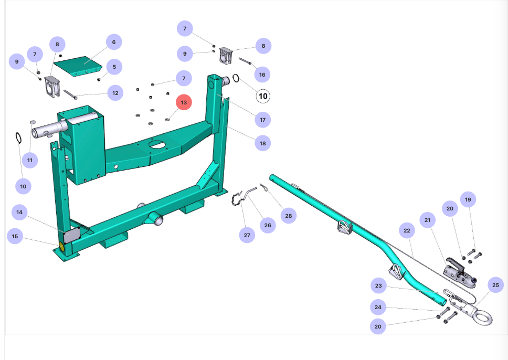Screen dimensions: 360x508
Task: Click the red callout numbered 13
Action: click(x=184, y=102)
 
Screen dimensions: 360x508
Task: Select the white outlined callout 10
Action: click(x=263, y=96)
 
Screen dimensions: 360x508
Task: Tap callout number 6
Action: click(x=113, y=42)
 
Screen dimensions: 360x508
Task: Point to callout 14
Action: click(x=19, y=213)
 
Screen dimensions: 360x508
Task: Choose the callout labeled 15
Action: click(x=15, y=236)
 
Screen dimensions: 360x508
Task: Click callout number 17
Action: click(x=263, y=120)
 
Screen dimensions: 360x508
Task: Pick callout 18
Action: click(x=262, y=143)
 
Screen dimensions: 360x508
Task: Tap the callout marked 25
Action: click(x=495, y=285)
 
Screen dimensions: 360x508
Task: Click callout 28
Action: click(x=288, y=215)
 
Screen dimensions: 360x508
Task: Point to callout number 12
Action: click(x=115, y=93)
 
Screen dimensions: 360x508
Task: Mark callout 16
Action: click(x=262, y=75)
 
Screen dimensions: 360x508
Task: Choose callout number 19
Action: click(x=468, y=199)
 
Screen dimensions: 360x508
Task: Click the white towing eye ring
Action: click(x=481, y=318)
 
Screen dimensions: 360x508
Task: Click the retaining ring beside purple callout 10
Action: click(x=18, y=138)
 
